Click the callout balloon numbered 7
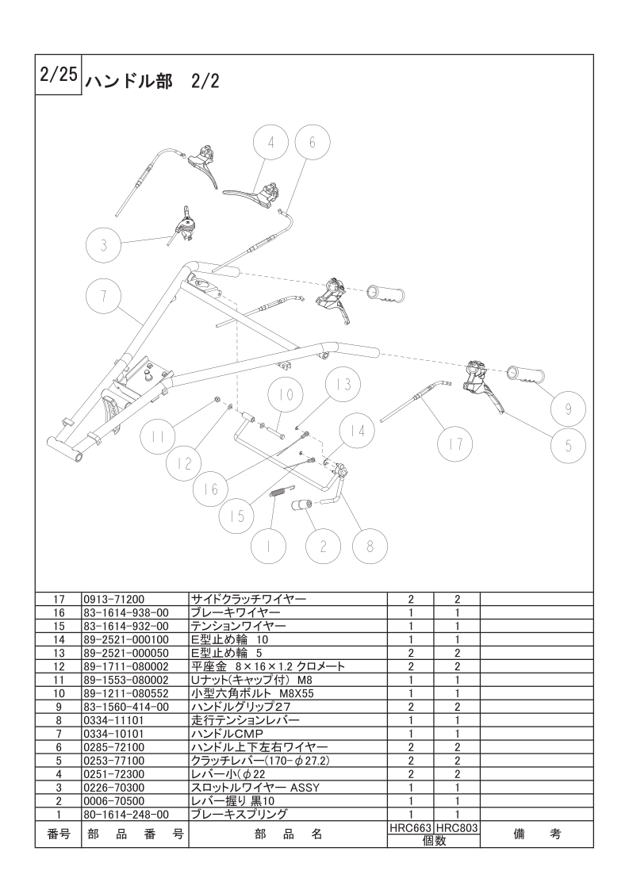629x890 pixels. click(x=104, y=296)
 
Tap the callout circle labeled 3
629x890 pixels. click(x=104, y=245)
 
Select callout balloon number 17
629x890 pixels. click(x=456, y=443)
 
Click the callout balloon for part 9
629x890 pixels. click(x=568, y=409)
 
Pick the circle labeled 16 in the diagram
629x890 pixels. click(x=211, y=488)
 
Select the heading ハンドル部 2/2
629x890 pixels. click(x=151, y=82)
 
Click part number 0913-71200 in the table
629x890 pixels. click(x=113, y=599)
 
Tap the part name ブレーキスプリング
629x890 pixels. click(x=239, y=815)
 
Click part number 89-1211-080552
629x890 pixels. click(x=126, y=693)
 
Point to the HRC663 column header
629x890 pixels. click(x=410, y=829)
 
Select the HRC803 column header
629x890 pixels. click(x=457, y=829)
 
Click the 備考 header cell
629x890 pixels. click(x=536, y=834)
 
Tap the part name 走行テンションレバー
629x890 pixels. click(x=245, y=720)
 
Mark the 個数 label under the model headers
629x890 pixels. click(x=434, y=841)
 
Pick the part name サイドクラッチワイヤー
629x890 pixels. click(x=248, y=599)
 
